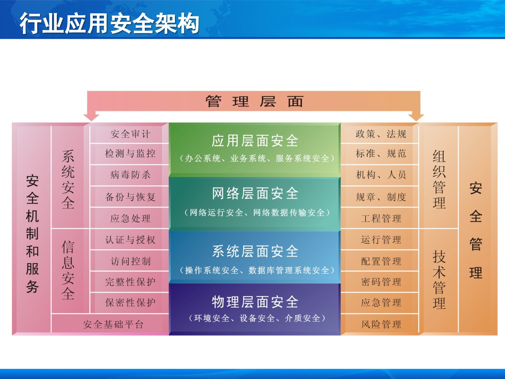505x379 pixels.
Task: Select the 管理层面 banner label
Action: click(254, 101)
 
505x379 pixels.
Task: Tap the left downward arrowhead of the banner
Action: click(91, 117)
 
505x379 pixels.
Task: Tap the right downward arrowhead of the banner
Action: click(416, 117)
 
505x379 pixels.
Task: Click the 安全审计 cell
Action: click(130, 134)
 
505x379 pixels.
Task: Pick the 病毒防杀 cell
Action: click(130, 174)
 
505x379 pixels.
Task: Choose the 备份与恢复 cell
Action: click(130, 197)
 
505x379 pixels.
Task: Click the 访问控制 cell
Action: click(130, 261)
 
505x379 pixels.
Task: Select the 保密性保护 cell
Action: click(130, 303)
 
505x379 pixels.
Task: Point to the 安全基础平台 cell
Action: click(113, 324)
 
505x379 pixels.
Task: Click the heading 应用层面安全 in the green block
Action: click(255, 141)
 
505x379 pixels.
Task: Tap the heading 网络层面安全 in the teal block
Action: click(255, 193)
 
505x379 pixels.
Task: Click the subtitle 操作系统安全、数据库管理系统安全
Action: click(257, 270)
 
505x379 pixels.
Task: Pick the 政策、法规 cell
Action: click(381, 134)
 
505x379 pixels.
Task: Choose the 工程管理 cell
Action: click(381, 218)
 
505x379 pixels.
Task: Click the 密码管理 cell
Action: click(381, 282)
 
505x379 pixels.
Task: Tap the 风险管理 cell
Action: click(381, 324)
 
